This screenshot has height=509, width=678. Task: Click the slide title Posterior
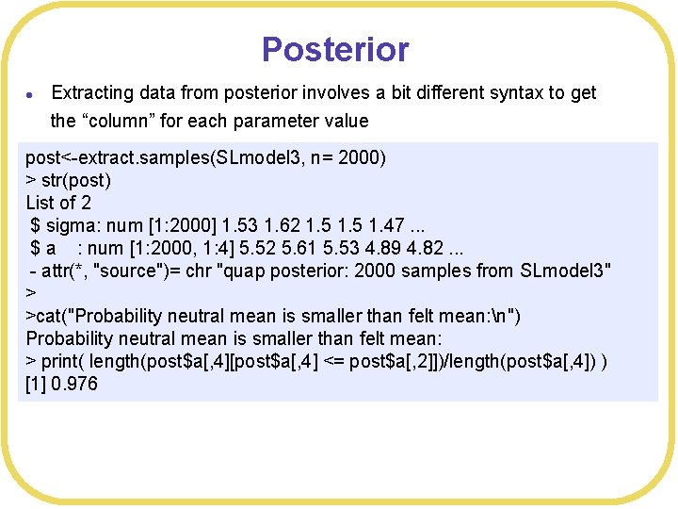(x=335, y=49)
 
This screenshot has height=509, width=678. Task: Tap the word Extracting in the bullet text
(x=93, y=93)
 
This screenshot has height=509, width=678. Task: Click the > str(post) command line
(x=69, y=179)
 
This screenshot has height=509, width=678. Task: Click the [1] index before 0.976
(x=38, y=385)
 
